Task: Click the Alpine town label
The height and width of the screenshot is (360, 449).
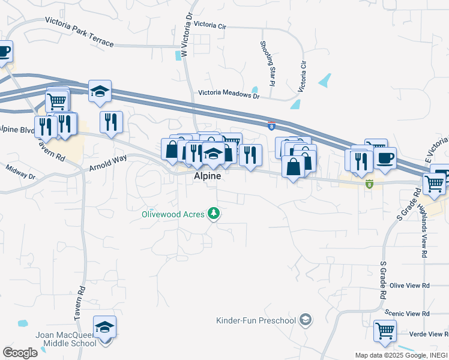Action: pyautogui.click(x=207, y=176)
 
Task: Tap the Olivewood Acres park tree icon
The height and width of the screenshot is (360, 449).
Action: pyautogui.click(x=213, y=213)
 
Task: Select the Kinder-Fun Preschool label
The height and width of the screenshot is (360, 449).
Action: pyautogui.click(x=256, y=320)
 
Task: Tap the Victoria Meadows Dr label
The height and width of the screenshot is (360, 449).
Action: pyautogui.click(x=229, y=95)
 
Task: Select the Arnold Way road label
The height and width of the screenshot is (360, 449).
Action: pyautogui.click(x=108, y=161)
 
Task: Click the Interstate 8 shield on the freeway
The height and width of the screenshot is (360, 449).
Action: pyautogui.click(x=271, y=124)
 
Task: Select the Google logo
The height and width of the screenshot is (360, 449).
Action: pyautogui.click(x=20, y=353)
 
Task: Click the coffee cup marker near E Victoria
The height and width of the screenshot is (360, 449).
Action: pyautogui.click(x=385, y=158)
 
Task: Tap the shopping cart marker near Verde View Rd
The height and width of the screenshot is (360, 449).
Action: pyautogui.click(x=384, y=330)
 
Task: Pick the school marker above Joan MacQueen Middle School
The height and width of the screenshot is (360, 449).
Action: pyautogui.click(x=104, y=328)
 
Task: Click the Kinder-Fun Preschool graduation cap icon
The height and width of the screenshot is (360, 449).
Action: pyautogui.click(x=306, y=319)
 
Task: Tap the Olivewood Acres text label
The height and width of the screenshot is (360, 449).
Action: pyautogui.click(x=173, y=214)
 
